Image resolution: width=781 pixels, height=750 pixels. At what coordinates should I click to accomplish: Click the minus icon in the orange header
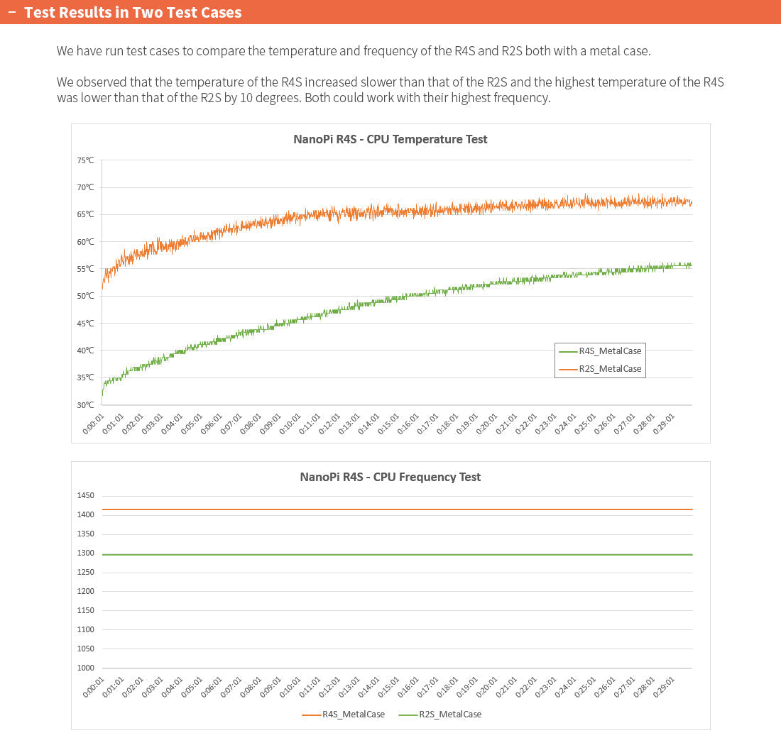(11, 13)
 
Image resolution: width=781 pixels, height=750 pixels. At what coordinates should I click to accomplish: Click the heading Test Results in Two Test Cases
(133, 13)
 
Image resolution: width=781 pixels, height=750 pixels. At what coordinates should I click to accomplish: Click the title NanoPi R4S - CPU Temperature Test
(390, 139)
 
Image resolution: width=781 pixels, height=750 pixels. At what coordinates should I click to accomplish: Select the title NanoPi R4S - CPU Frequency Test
(390, 477)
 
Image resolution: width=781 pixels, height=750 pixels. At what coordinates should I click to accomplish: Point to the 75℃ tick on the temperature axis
(85, 160)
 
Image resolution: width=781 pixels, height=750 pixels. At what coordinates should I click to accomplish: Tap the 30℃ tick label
(85, 404)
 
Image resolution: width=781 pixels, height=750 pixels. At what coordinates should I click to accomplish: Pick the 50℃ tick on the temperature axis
(85, 296)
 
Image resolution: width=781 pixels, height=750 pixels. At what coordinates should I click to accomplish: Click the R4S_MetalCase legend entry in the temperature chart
(609, 351)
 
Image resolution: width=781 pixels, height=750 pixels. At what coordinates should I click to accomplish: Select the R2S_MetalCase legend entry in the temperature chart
(609, 368)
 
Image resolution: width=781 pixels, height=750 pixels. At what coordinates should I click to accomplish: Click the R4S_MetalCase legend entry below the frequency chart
(353, 715)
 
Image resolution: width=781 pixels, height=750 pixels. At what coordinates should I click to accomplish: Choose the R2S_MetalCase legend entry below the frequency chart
(449, 715)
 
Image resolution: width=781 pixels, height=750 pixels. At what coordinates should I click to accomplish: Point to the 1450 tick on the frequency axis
(84, 495)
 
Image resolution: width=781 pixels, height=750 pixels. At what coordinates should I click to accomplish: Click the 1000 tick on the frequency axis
(84, 668)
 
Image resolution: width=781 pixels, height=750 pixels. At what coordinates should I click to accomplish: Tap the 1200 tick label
(84, 591)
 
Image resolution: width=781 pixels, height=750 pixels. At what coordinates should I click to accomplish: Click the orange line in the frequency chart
(398, 509)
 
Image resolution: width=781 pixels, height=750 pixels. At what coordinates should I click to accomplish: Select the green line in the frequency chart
(398, 555)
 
